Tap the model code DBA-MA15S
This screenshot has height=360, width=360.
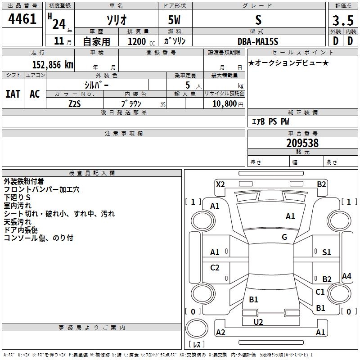click(258, 41)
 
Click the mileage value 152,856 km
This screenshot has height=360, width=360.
click(53, 64)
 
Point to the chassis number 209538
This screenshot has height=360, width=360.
click(302, 143)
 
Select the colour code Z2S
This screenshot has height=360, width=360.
click(75, 103)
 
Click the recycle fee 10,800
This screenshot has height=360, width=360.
click(224, 103)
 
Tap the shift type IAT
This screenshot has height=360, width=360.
click(13, 94)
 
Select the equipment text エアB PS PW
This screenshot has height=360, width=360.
click(270, 121)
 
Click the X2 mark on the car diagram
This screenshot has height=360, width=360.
click(220, 184)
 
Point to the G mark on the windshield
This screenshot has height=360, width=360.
click(284, 237)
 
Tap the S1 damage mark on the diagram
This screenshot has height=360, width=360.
click(326, 252)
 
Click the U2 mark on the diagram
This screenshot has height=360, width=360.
click(258, 322)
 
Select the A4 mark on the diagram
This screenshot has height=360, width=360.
click(346, 276)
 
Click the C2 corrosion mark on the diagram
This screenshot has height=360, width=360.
click(215, 268)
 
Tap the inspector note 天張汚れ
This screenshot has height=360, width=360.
click(18, 221)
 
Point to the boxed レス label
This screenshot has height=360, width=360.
click(199, 345)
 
